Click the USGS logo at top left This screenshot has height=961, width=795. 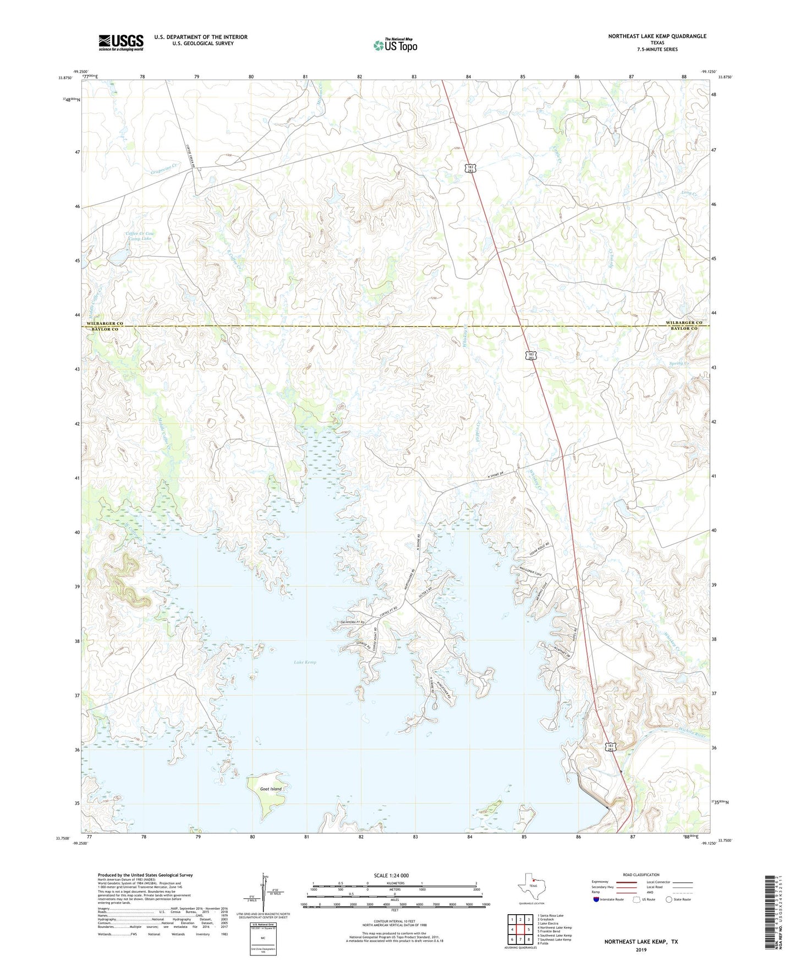(121, 42)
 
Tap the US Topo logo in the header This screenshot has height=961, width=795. (395, 45)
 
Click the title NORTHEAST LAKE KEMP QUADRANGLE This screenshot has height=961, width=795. (657, 36)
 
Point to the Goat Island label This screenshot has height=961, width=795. (271, 789)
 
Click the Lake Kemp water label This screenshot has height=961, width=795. (305, 662)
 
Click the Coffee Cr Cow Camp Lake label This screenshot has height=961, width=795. (139, 236)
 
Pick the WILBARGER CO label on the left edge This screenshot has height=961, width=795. (105, 324)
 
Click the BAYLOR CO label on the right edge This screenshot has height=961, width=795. (683, 329)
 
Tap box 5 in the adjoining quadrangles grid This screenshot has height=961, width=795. (528, 930)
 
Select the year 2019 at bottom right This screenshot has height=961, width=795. (641, 950)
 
